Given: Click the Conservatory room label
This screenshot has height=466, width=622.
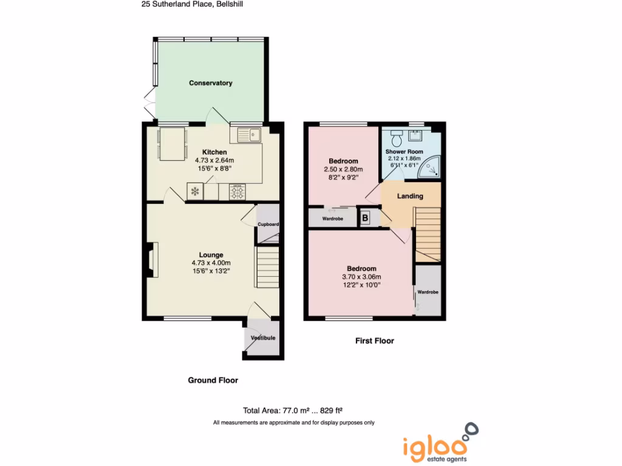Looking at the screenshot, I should (x=210, y=83).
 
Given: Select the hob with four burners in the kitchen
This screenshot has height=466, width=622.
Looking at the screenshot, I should (x=238, y=192).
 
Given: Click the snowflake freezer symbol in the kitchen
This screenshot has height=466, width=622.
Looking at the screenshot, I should (x=195, y=192).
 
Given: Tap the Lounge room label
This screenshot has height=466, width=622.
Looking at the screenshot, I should (x=211, y=255).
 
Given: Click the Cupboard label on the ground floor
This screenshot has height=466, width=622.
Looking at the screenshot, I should (x=268, y=225).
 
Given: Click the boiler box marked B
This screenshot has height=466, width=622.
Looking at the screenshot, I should (x=366, y=217).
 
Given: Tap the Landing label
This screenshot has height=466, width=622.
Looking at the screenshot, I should (x=410, y=196).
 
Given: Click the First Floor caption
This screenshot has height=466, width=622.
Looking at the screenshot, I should (x=374, y=341).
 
